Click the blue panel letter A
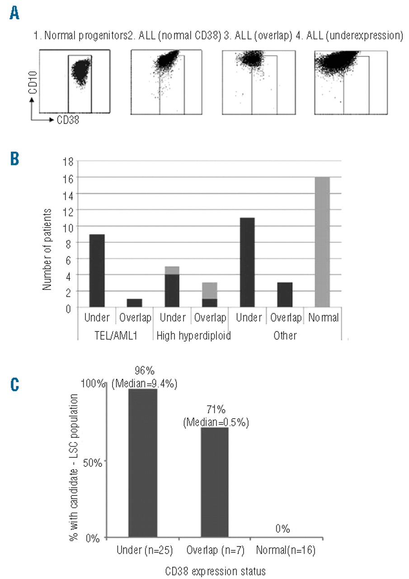[x=15, y=13]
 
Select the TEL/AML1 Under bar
[x=97, y=271]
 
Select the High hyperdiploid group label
[x=192, y=336]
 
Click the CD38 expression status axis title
[x=214, y=568]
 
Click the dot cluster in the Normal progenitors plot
[x=80, y=73]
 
